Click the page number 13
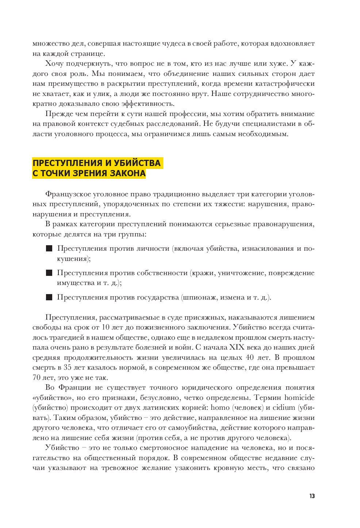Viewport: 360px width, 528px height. (312, 496)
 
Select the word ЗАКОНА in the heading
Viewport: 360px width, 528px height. (128, 173)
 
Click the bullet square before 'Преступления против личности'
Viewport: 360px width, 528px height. (49, 248)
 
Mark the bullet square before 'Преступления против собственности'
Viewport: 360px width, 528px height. (49, 273)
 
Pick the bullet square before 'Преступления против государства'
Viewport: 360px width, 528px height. (49, 297)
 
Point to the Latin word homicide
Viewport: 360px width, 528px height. (299, 398)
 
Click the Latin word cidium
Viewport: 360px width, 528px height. (284, 408)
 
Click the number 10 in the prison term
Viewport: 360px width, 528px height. (106, 327)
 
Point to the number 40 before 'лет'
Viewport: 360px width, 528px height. (250, 358)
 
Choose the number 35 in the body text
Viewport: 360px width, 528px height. (68, 367)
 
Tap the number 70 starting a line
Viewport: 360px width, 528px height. (37, 378)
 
